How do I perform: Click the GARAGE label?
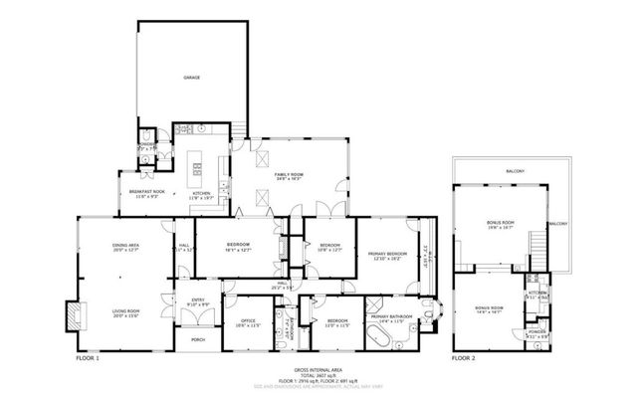coord(191,77)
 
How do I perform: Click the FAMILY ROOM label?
coord(289,175)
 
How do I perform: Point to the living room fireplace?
coord(74,314)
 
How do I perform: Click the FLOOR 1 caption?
coord(88,357)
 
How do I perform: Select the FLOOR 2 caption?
coord(464,357)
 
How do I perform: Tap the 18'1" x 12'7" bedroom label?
coord(237,245)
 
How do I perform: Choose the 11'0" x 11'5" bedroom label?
coord(338,320)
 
